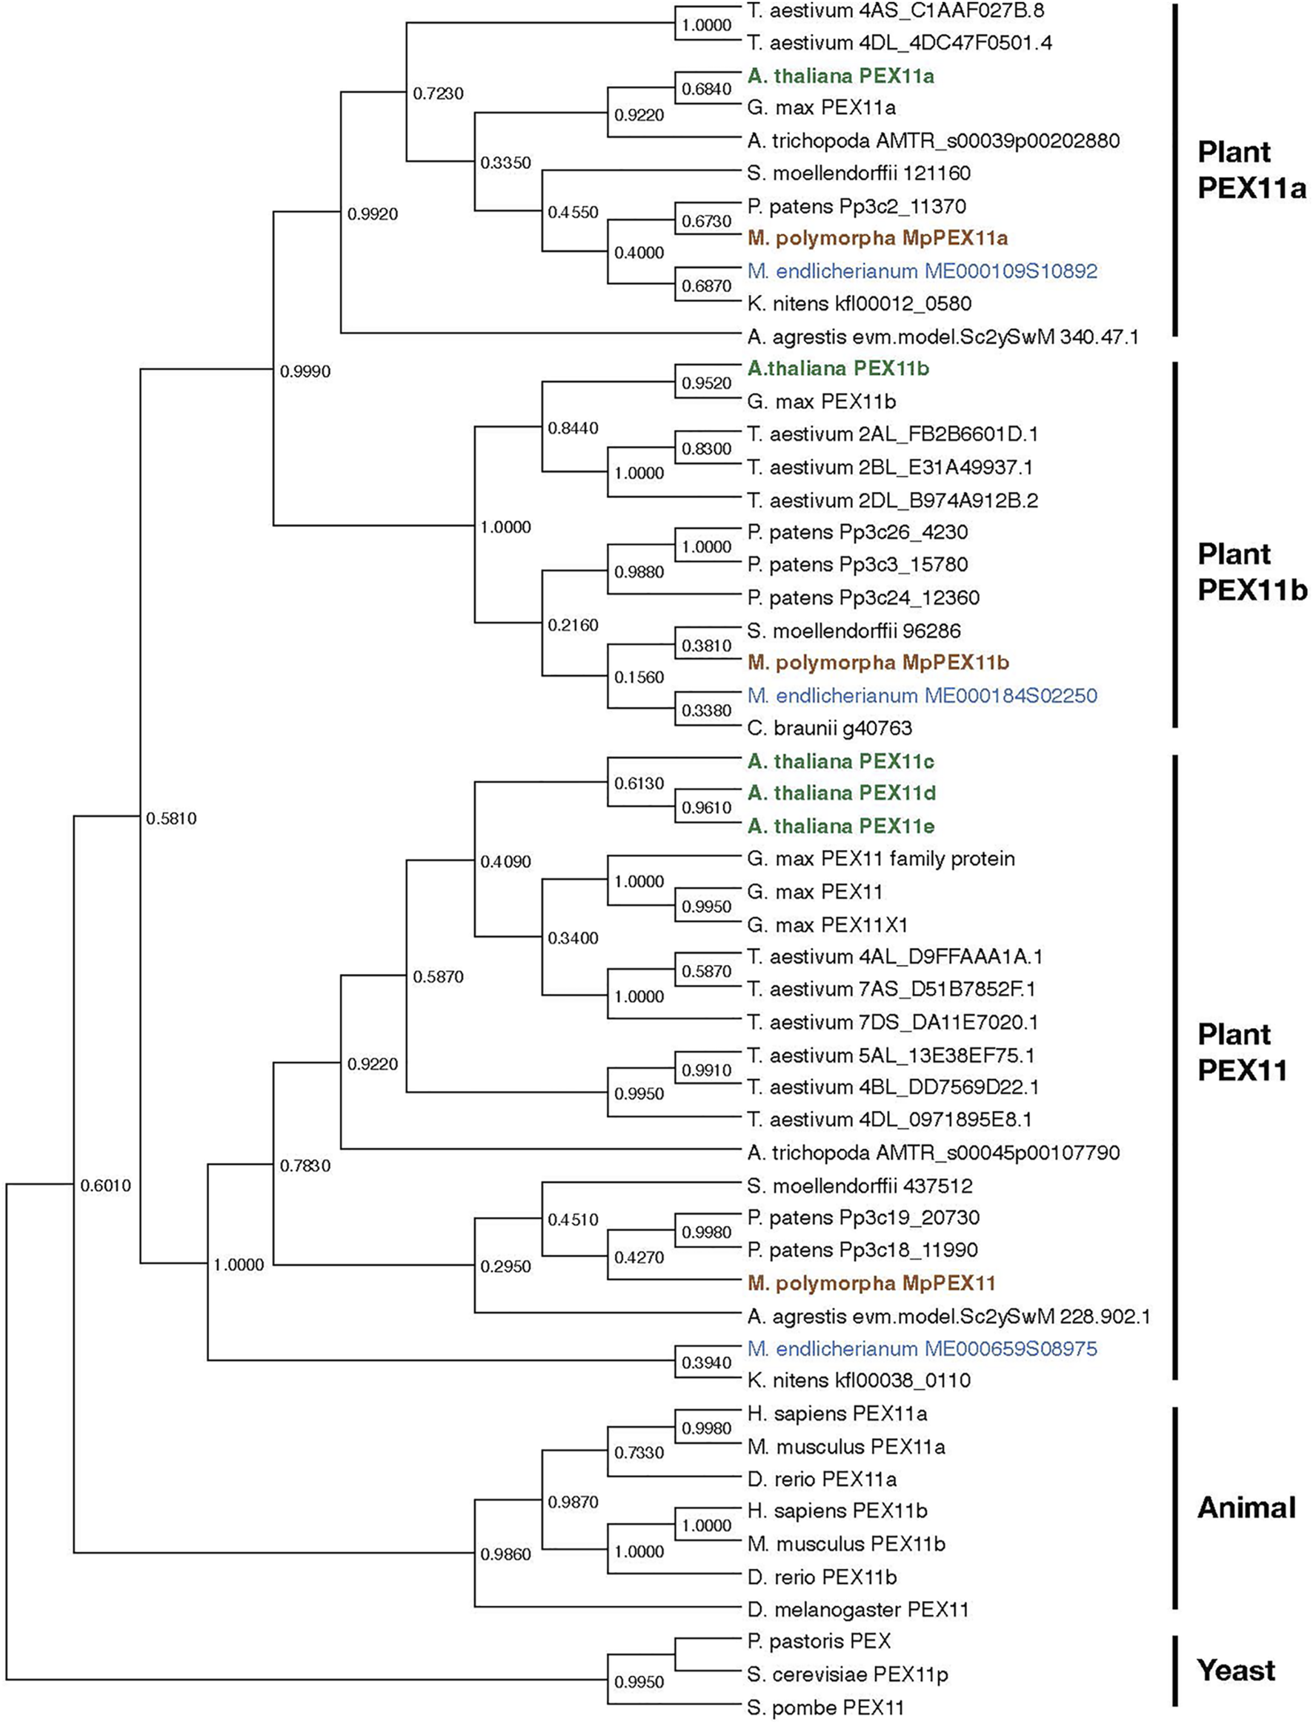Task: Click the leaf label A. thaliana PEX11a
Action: [840, 76]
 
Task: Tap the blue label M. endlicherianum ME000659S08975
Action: [923, 1348]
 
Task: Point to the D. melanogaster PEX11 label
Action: [857, 1609]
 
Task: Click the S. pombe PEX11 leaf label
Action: [825, 1708]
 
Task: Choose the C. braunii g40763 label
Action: [829, 728]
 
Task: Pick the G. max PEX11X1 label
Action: [828, 925]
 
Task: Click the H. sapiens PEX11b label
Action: [837, 1511]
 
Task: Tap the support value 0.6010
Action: [105, 1186]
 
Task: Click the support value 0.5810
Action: [171, 818]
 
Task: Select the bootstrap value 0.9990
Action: [305, 371]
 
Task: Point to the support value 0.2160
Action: [573, 626]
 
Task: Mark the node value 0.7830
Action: [305, 1166]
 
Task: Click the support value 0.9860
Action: [505, 1554]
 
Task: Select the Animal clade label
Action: [1246, 1507]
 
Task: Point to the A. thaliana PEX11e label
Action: [840, 826]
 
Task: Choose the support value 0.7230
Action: [438, 94]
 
